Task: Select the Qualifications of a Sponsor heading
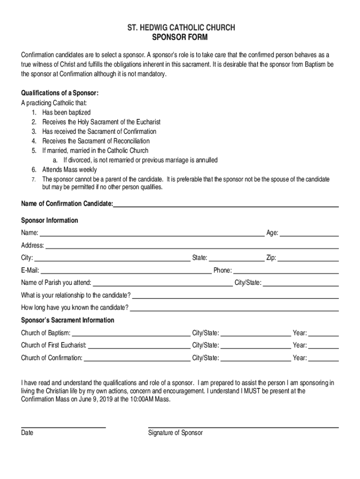(x=60, y=93)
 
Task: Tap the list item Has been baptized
(x=66, y=112)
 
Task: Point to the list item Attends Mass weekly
(x=70, y=169)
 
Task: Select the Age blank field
(x=309, y=233)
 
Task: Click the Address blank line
(x=192, y=246)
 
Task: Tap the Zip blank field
(x=309, y=258)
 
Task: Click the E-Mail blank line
(x=126, y=271)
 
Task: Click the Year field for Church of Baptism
(x=324, y=334)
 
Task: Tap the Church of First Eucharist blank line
(x=139, y=346)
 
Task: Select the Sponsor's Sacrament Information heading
(x=67, y=320)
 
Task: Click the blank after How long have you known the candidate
(x=234, y=308)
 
